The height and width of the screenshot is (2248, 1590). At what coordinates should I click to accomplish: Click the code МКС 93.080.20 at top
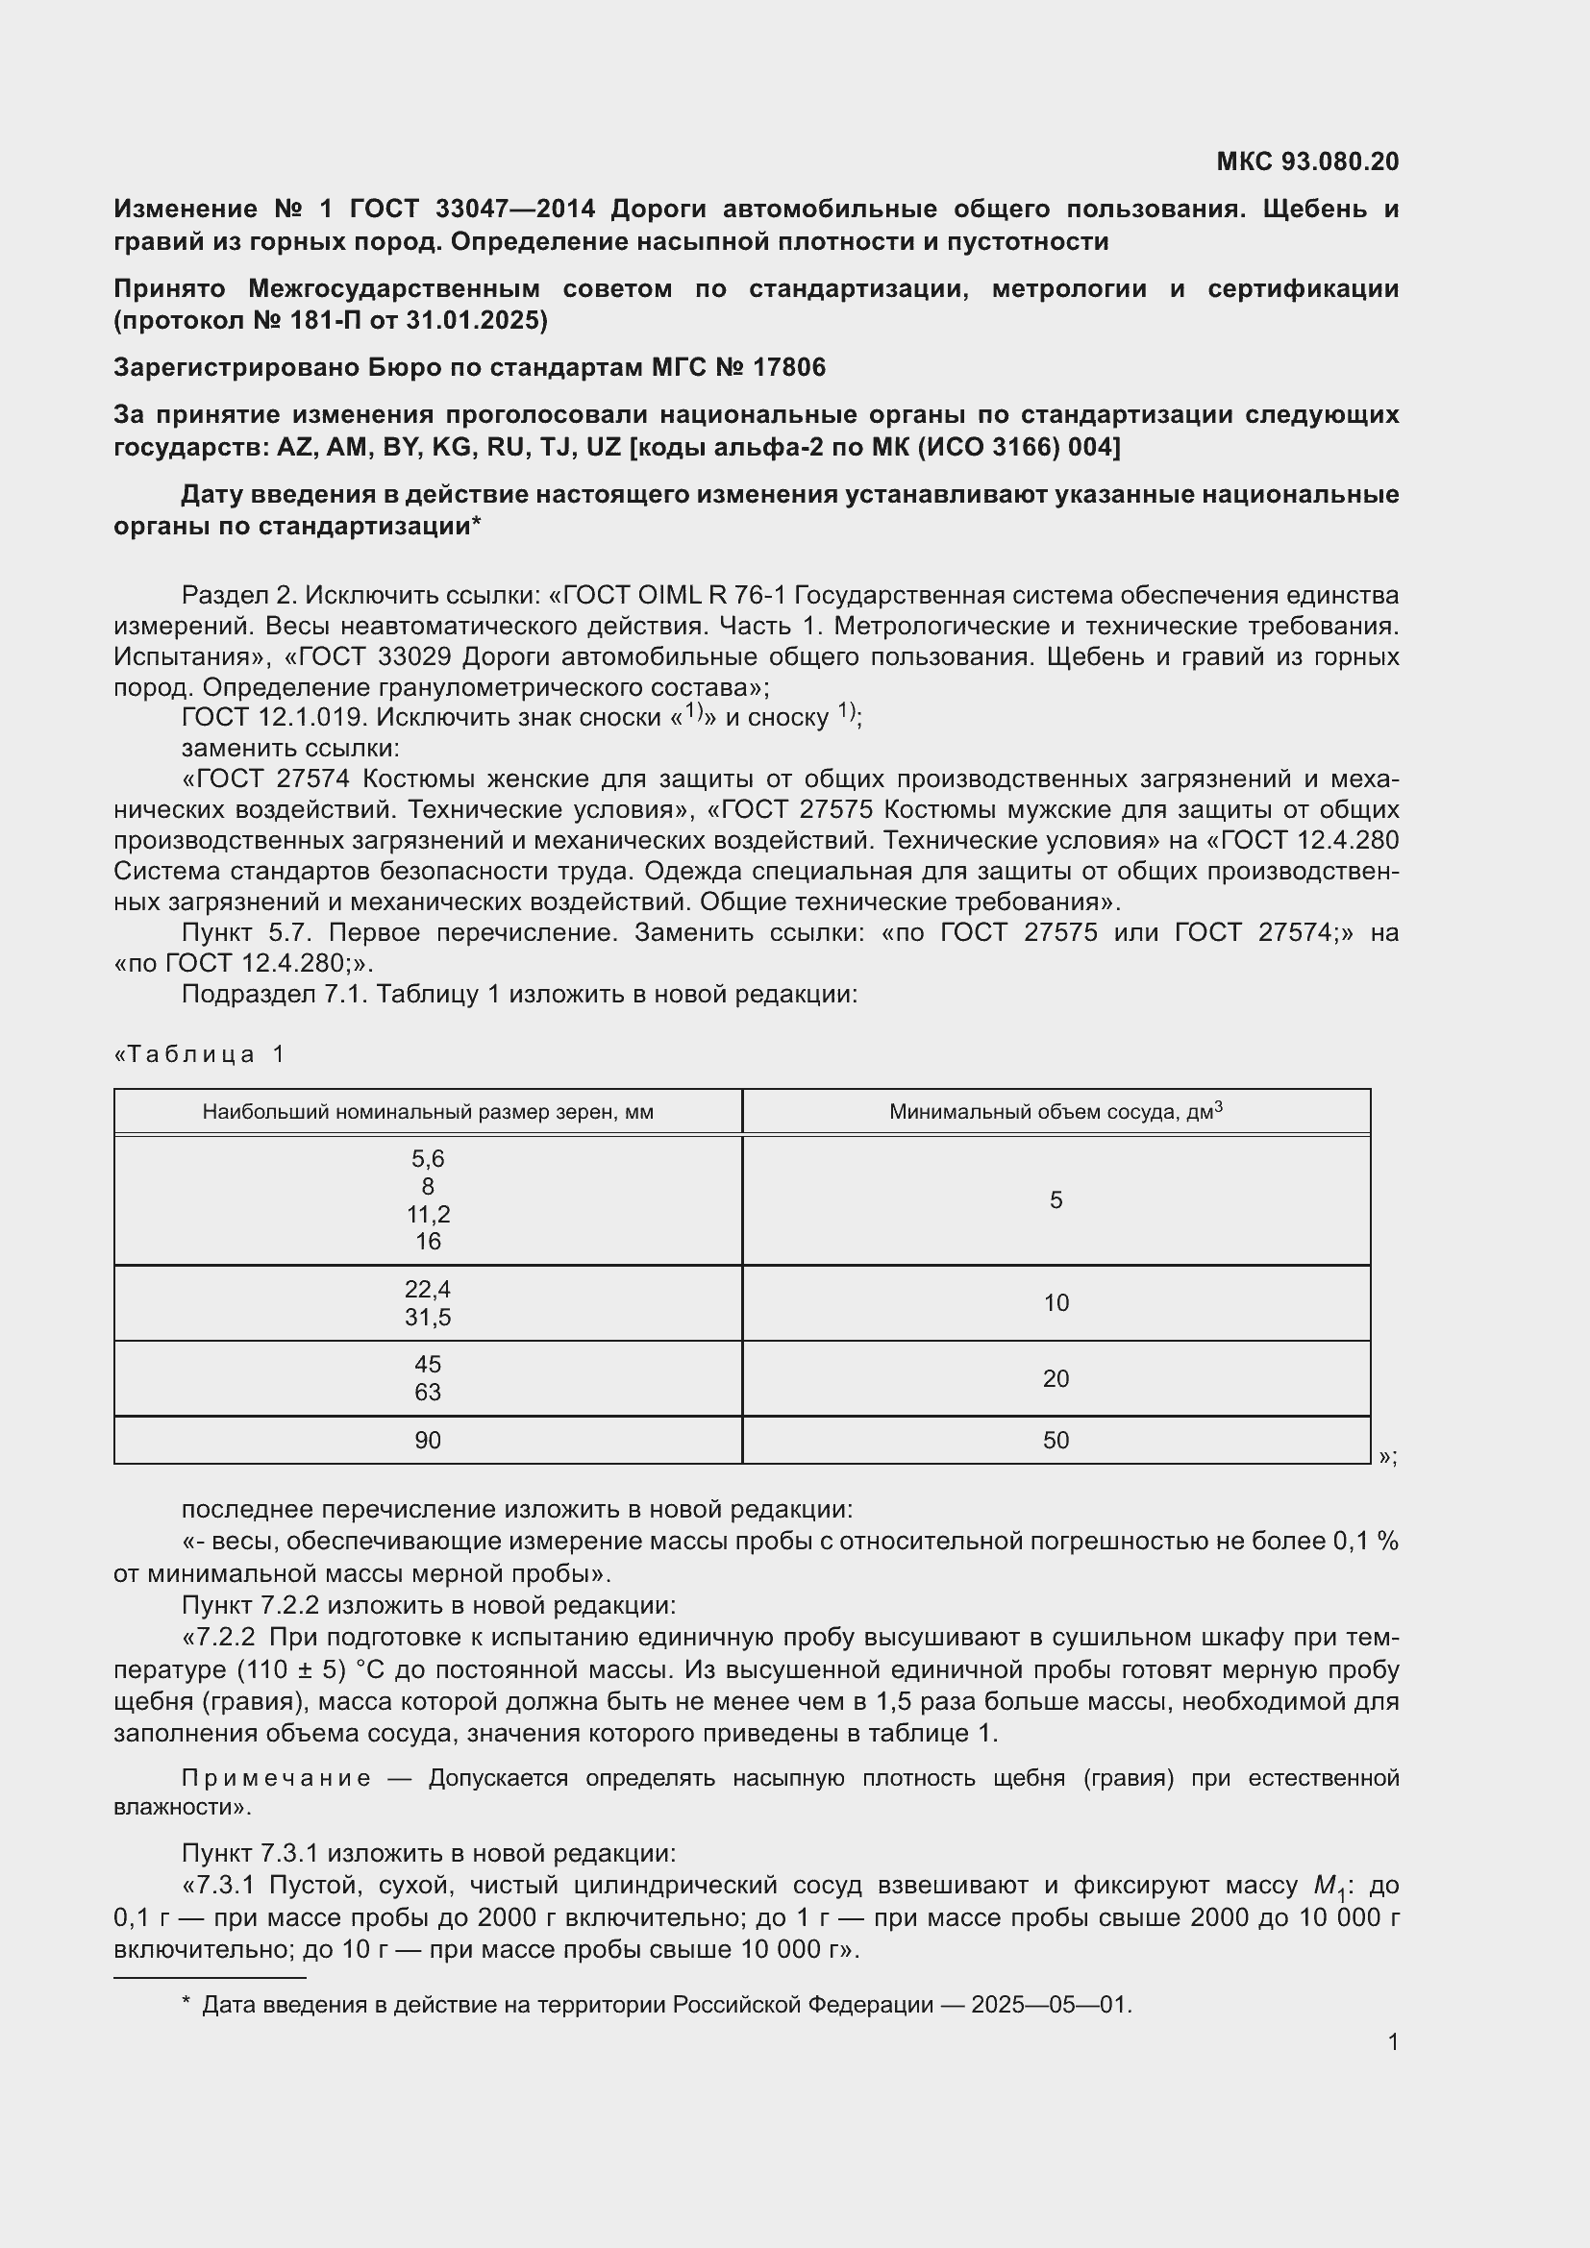tap(1307, 161)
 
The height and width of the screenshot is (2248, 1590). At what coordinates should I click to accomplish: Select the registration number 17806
tap(789, 368)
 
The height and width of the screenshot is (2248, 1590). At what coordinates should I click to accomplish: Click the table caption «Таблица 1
tap(201, 1054)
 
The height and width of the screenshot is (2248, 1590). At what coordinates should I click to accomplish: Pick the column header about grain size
tap(428, 1112)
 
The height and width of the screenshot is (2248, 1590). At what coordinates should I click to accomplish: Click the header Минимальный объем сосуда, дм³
tap(1056, 1112)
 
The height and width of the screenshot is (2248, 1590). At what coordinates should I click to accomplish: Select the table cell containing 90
tap(428, 1441)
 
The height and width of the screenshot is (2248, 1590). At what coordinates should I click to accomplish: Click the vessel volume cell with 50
tap(1056, 1441)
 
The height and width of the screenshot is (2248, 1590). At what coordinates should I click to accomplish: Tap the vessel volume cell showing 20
tap(1056, 1378)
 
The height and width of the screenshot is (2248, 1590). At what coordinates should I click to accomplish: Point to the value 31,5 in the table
tap(428, 1318)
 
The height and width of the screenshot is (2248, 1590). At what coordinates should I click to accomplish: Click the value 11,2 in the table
tap(428, 1215)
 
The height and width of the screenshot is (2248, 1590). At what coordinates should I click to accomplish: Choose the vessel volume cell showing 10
tap(1056, 1303)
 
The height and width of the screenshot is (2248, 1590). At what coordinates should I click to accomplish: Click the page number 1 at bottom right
tap(1392, 2042)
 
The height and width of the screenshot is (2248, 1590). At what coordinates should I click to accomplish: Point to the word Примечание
tap(276, 1778)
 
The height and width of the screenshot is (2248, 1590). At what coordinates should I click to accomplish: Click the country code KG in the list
tap(453, 448)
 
